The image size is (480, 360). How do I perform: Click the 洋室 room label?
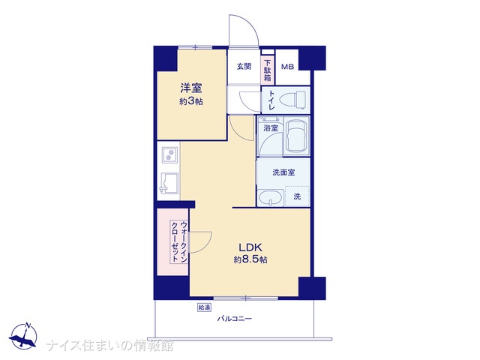[x=190, y=88]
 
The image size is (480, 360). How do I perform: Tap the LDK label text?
[x=250, y=247]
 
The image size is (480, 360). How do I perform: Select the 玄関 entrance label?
[x=244, y=66]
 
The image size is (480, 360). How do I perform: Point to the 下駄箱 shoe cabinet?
[x=268, y=70]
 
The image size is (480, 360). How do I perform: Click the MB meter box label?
[x=287, y=67]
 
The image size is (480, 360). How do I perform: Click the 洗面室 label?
[x=283, y=172]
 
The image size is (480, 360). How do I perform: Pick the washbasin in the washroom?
[x=270, y=198]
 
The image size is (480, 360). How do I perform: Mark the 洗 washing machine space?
[x=297, y=196]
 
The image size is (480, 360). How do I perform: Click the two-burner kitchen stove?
[x=169, y=154]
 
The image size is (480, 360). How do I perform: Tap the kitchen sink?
[x=168, y=183]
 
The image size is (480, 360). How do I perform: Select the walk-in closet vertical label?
[x=179, y=241]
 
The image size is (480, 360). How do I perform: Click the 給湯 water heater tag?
[x=204, y=307]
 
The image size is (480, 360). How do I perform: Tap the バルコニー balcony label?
[x=235, y=319]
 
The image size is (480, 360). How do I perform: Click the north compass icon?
[x=23, y=335]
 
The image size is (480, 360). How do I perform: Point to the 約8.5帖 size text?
[x=250, y=259]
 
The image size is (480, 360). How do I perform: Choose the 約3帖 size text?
[x=191, y=101]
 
